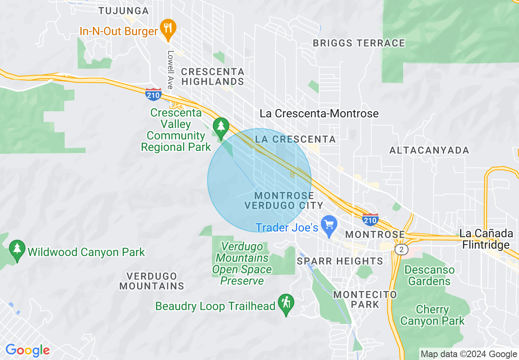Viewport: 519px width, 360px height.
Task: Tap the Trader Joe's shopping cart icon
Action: [x=329, y=225]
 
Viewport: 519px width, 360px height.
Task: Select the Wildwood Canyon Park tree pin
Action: [x=17, y=250]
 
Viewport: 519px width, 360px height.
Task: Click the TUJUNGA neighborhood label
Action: [x=124, y=11]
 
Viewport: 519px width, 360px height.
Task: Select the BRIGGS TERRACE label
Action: [x=359, y=43]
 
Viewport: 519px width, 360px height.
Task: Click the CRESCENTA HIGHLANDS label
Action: [x=212, y=76]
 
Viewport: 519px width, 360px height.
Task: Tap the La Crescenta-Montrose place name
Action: [x=319, y=113]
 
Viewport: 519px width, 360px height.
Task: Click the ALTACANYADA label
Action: [x=429, y=151]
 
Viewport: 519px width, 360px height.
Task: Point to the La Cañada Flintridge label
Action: [x=486, y=239]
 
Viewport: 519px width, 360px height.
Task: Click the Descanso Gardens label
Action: [x=429, y=275]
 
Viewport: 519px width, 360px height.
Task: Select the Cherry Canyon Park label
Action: [x=432, y=315]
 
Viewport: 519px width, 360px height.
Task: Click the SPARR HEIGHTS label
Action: [x=340, y=261]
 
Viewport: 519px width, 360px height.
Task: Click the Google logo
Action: [x=27, y=350]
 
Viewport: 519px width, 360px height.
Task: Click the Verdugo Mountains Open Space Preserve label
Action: [x=241, y=263]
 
